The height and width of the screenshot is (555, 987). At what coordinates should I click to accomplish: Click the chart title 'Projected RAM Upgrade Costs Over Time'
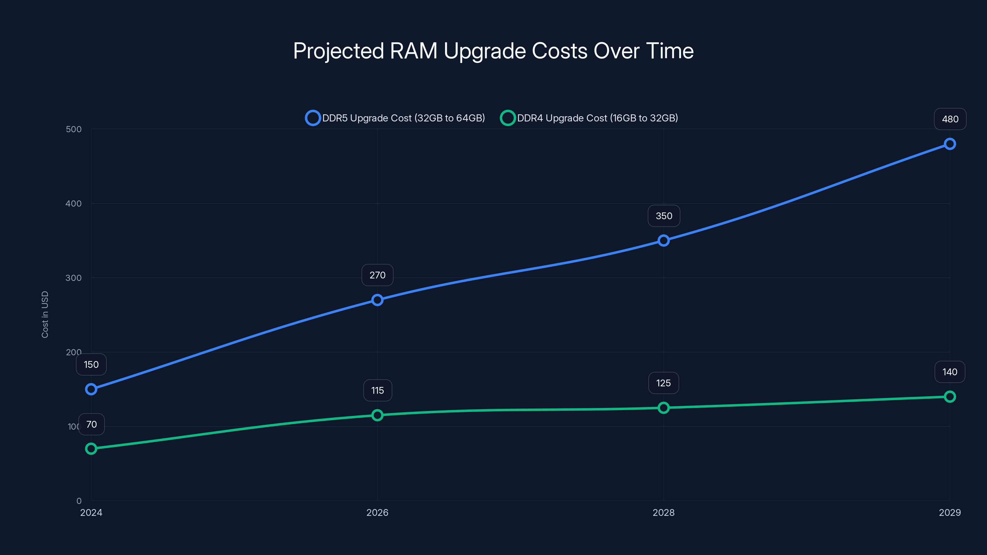click(x=493, y=51)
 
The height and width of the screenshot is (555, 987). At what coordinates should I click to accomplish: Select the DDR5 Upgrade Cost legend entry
click(x=395, y=118)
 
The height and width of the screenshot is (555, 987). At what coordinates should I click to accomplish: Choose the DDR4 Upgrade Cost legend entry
click(x=589, y=118)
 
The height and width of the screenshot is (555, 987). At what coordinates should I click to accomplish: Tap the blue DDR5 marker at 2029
click(x=949, y=144)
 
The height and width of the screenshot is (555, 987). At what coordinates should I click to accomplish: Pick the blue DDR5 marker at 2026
click(x=378, y=300)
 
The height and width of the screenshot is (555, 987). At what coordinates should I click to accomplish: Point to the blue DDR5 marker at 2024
click(x=91, y=389)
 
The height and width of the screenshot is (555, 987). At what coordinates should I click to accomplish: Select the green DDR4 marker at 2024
click(x=91, y=449)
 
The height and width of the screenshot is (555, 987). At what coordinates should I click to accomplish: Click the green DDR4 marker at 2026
click(x=378, y=415)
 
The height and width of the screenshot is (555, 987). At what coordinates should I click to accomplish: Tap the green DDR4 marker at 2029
click(x=949, y=397)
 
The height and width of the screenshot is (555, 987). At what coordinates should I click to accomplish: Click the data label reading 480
click(x=950, y=119)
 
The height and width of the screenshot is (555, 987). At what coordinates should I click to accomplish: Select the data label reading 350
click(x=664, y=216)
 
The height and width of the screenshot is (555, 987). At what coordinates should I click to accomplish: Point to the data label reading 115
click(x=378, y=390)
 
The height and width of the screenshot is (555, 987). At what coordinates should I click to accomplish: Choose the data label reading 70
click(x=91, y=424)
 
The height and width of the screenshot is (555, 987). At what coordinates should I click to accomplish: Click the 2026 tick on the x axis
click(x=378, y=512)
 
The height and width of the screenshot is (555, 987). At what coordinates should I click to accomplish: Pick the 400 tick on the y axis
click(x=74, y=203)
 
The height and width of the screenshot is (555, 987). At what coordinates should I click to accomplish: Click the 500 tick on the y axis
click(x=74, y=129)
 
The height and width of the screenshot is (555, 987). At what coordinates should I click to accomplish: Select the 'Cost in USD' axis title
click(x=45, y=314)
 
